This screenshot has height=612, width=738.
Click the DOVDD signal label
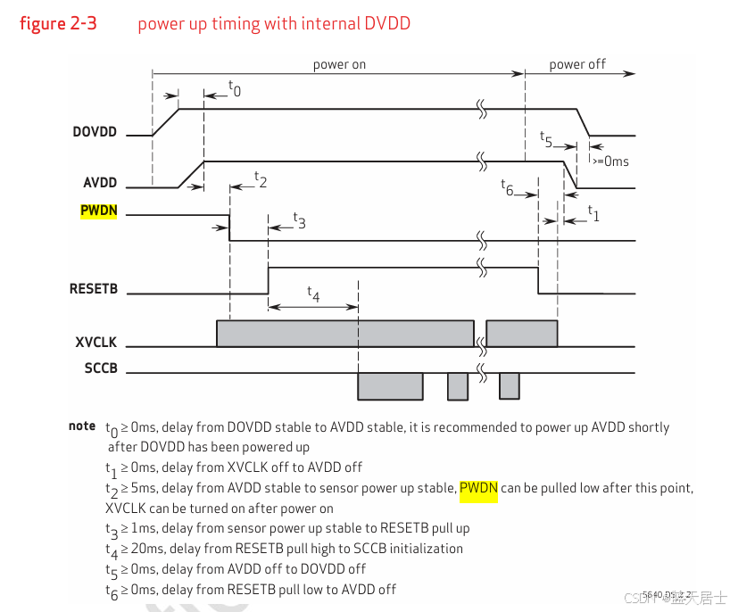(x=94, y=133)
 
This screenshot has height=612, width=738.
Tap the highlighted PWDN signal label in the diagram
(x=98, y=211)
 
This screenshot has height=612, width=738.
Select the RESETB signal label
(x=93, y=289)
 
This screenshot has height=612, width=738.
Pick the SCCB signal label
(x=100, y=368)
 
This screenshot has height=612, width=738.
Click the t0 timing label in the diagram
(x=235, y=88)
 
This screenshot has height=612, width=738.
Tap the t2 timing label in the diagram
(x=261, y=178)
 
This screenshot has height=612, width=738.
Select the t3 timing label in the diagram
(x=299, y=220)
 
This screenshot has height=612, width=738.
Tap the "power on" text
(x=339, y=64)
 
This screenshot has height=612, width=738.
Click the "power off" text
(x=577, y=64)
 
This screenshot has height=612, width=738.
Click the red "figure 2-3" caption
(x=58, y=24)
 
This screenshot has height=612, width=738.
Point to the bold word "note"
(x=82, y=426)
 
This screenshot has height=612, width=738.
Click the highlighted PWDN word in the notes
(x=478, y=488)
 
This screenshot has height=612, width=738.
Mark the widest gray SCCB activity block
(x=390, y=386)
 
